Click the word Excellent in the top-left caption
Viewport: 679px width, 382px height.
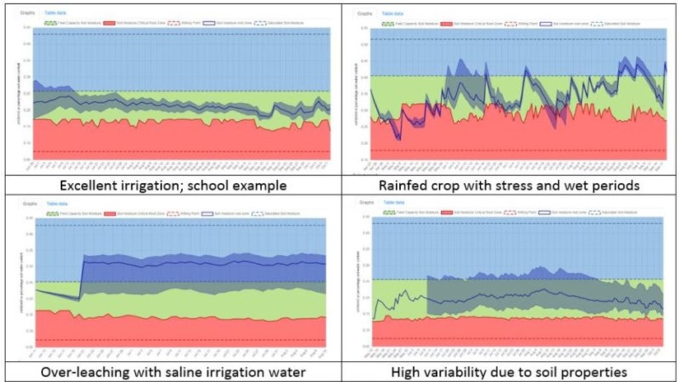coord(86,186)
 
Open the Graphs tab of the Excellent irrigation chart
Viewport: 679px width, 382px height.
coord(27,13)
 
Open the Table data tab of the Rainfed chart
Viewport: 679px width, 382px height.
coord(393,13)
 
